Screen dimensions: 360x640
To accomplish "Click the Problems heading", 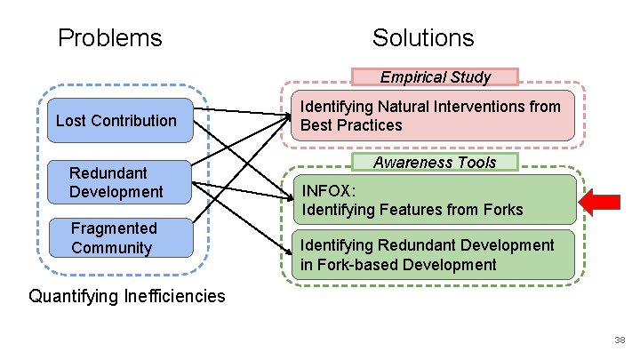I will [109, 38].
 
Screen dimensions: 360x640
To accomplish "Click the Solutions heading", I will [423, 38].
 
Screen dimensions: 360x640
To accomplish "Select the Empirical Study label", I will [435, 77].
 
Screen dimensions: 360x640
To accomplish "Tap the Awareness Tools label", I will [435, 163].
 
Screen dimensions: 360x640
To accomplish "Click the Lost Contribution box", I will [116, 121].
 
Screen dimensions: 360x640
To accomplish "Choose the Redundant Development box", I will [116, 182].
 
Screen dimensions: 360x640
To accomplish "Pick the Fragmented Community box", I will [116, 238].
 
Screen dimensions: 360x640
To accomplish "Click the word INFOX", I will [329, 190].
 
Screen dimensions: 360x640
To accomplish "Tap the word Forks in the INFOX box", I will [500, 211].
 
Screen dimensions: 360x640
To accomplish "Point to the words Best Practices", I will [351, 125].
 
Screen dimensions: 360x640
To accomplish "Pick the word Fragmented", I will [114, 228].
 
